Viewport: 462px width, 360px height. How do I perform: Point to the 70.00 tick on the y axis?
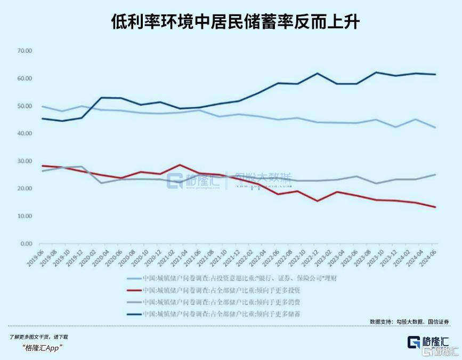[x=25, y=51]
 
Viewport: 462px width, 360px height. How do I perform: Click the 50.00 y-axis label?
[x=25, y=106]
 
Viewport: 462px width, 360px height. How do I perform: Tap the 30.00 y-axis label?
[x=25, y=161]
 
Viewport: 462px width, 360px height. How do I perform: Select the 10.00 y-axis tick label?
[x=25, y=216]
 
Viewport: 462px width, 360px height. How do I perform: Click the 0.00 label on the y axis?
[x=26, y=244]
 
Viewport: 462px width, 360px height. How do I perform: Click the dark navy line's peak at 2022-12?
[x=318, y=73]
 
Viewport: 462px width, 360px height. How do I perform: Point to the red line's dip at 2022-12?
[x=318, y=201]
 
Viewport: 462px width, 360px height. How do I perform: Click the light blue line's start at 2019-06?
[x=42, y=107]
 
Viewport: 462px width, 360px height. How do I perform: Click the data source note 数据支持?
[x=409, y=322]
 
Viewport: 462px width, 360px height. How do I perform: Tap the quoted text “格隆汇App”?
[x=43, y=348]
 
